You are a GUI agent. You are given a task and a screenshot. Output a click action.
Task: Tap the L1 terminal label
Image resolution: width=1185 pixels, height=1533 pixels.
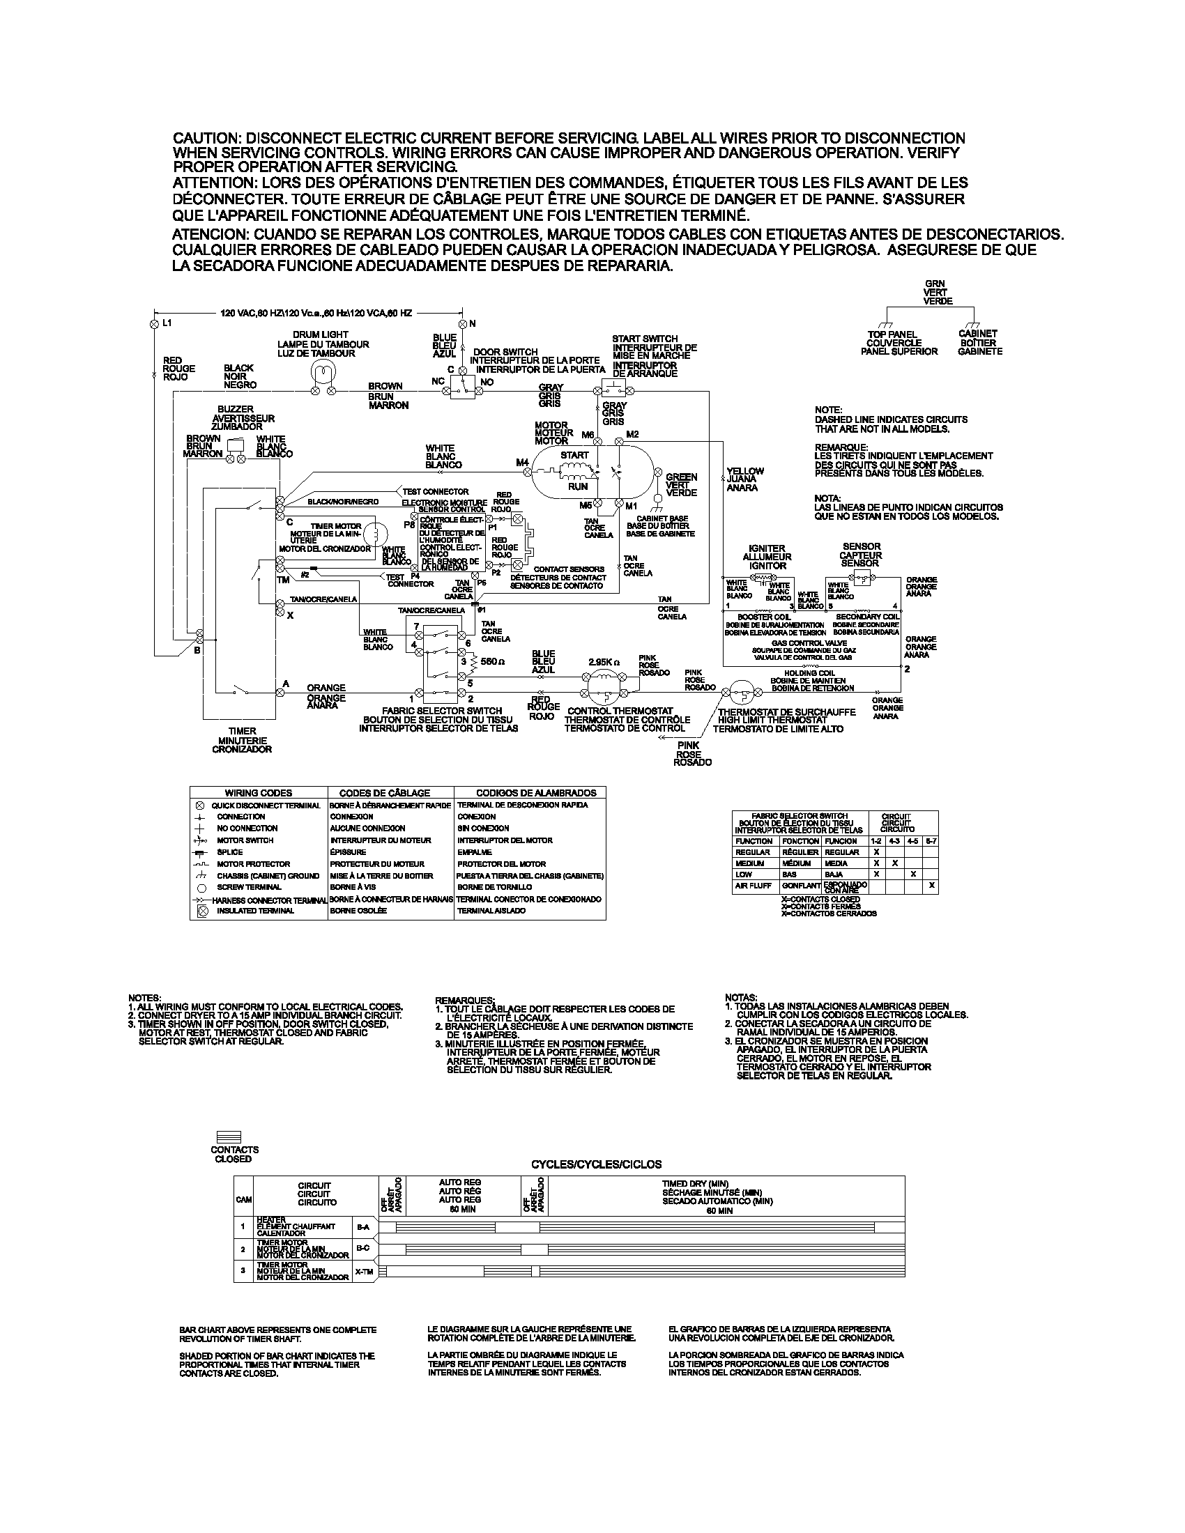click(167, 323)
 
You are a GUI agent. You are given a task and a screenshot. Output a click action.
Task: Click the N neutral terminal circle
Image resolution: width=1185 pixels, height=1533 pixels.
click(462, 323)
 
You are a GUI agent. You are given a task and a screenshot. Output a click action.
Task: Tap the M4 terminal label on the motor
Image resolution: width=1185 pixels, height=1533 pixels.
click(521, 462)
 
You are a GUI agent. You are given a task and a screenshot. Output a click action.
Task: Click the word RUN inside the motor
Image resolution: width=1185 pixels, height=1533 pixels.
click(578, 486)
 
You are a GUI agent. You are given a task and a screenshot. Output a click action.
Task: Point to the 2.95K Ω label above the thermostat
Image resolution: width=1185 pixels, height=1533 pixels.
click(604, 661)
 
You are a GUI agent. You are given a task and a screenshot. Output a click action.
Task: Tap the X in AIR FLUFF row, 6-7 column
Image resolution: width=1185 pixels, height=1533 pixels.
click(931, 886)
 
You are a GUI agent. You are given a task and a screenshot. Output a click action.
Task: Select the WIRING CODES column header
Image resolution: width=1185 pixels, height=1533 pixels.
click(259, 792)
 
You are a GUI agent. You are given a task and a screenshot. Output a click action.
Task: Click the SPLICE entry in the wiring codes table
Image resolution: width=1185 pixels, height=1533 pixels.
click(229, 852)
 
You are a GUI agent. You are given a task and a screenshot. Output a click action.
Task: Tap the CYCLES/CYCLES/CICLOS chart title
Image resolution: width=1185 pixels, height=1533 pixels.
click(596, 1164)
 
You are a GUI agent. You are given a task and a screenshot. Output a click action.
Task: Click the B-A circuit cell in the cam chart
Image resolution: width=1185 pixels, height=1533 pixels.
click(363, 1227)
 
